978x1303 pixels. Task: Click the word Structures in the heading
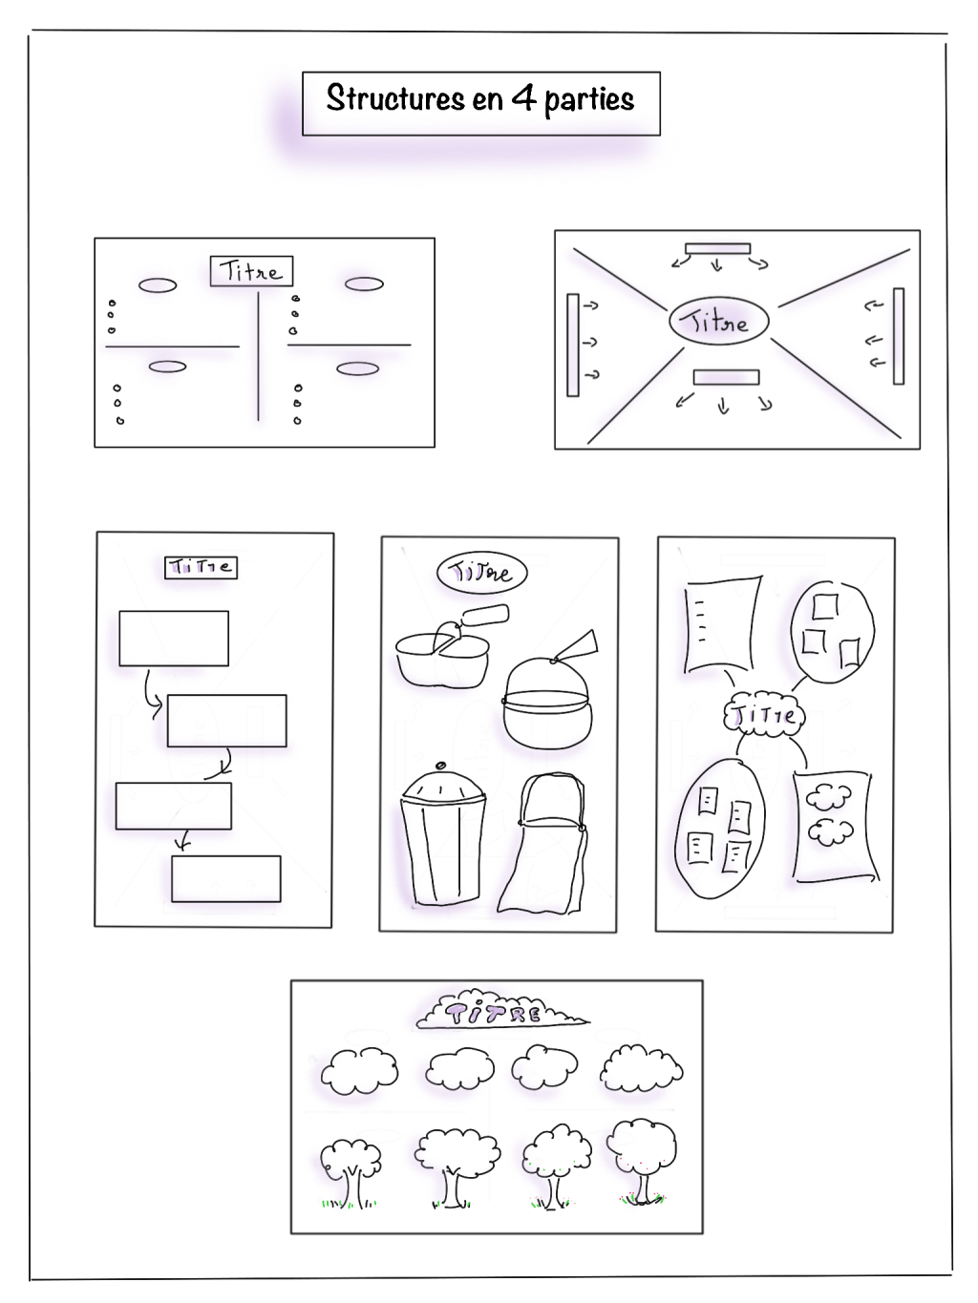point(395,97)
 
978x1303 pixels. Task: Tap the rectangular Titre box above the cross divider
point(251,271)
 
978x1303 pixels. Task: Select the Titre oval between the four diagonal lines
point(718,321)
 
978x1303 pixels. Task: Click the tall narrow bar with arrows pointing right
point(572,345)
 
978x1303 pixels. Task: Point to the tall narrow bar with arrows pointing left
point(899,336)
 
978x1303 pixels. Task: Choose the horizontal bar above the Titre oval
point(717,249)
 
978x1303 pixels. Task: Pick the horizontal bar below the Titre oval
point(726,377)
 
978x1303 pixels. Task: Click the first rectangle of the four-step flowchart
point(174,639)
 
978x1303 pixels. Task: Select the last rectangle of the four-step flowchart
point(225,878)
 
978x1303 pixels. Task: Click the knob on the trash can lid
point(440,766)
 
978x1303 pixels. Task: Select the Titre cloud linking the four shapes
point(764,715)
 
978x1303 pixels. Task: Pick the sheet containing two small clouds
point(834,827)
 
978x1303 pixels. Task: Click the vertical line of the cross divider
point(258,357)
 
